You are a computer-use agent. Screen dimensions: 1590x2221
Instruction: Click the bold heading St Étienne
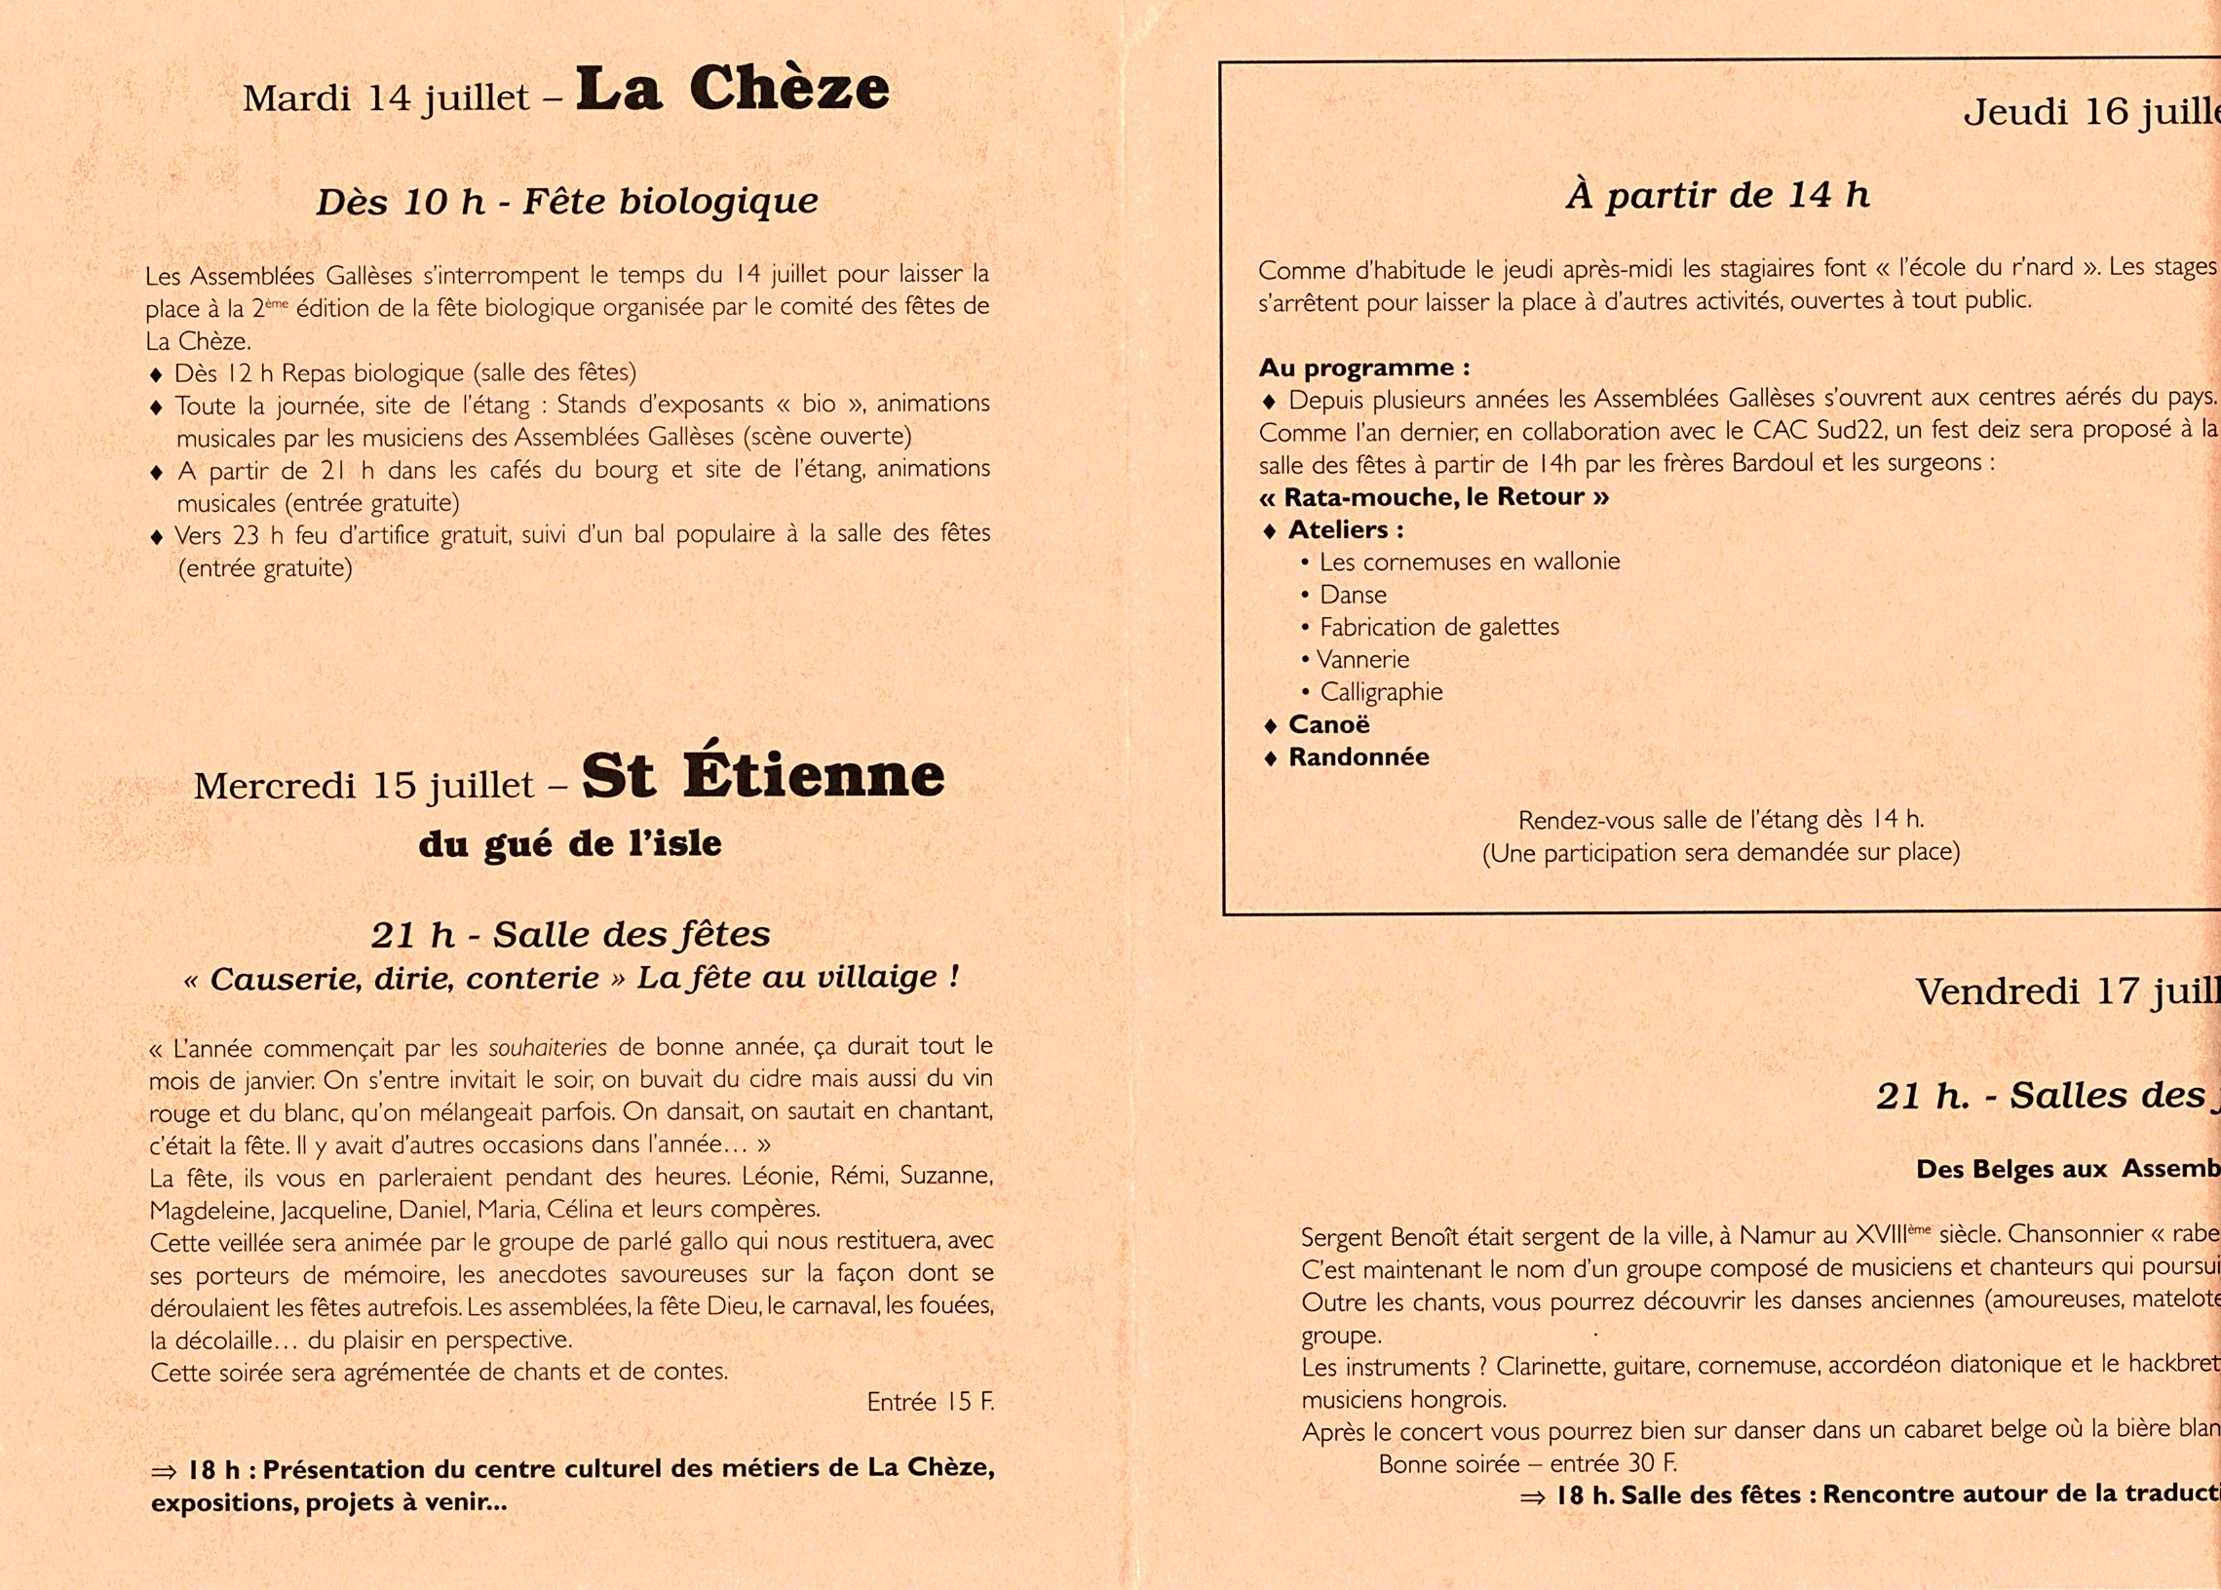tap(763, 776)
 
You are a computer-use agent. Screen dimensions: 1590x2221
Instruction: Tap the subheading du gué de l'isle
tap(570, 844)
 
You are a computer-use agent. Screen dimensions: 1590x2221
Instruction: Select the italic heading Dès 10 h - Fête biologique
tap(567, 202)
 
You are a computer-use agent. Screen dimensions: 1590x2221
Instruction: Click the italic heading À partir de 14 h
tap(1717, 195)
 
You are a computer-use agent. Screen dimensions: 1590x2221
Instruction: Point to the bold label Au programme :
tap(1363, 368)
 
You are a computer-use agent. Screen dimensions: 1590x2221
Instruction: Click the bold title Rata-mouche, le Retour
tap(1434, 497)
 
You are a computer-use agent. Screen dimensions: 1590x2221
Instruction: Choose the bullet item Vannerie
tap(1362, 660)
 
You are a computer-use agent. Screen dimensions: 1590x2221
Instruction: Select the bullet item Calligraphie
tap(1381, 692)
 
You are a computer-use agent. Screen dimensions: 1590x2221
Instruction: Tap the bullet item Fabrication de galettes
tap(1438, 627)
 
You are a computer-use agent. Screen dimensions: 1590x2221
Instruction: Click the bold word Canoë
tap(1329, 724)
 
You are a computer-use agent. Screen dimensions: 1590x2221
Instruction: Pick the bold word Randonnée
tap(1359, 756)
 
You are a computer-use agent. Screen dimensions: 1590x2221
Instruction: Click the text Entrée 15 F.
tap(929, 1402)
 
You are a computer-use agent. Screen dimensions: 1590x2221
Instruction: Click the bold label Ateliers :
tap(1346, 529)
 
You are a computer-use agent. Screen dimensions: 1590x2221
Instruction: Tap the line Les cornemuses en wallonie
tap(1470, 562)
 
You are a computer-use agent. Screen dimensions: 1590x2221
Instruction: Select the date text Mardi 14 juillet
tap(386, 97)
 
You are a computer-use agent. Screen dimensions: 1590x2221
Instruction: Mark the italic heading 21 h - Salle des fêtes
tap(570, 935)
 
